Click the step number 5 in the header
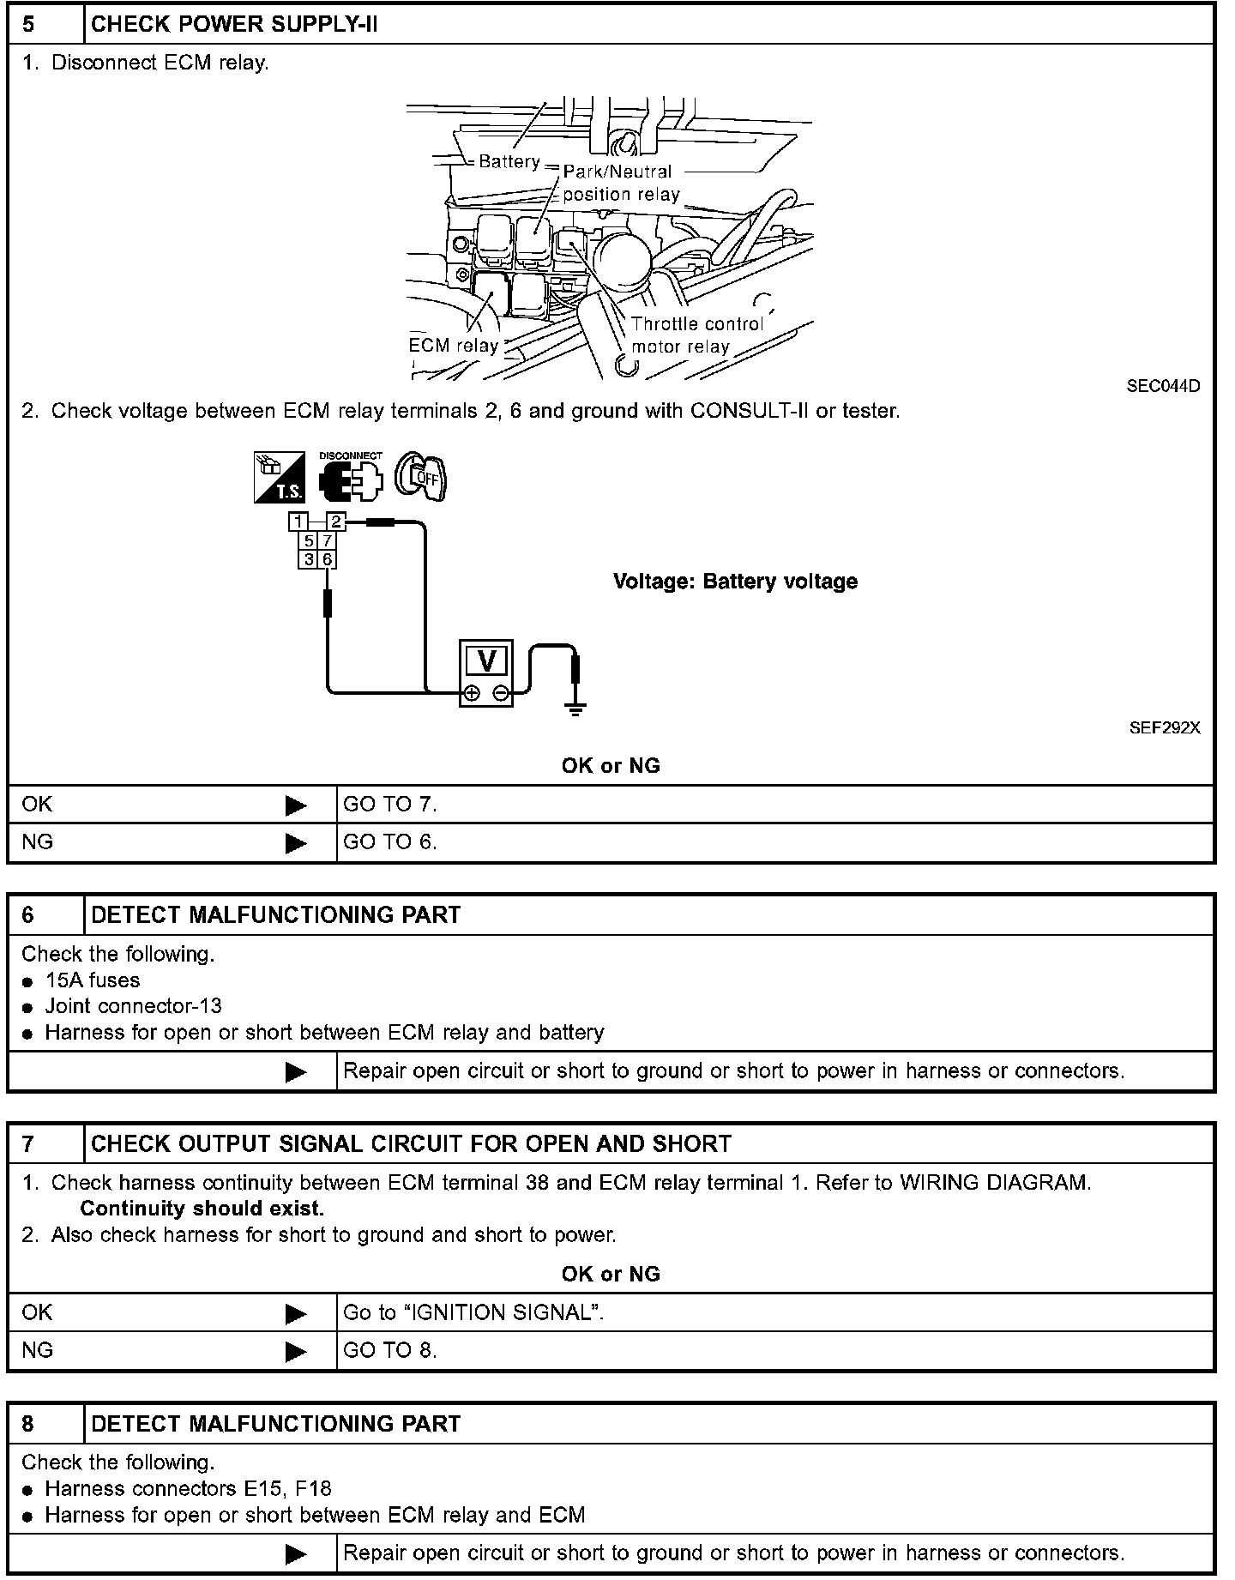28,24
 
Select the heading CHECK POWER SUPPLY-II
234,24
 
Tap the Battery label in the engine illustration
509,161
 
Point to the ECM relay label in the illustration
453,346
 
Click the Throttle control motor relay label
696,335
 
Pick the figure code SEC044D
1163,386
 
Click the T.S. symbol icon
280,477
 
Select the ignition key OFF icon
420,477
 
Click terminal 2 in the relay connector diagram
336,522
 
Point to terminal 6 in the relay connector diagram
327,559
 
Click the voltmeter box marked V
486,672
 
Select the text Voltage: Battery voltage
735,582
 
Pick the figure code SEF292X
1164,728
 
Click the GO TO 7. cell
390,805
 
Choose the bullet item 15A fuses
92,980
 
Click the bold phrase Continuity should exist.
202,1209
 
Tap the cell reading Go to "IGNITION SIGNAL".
473,1312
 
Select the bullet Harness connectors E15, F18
188,1489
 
